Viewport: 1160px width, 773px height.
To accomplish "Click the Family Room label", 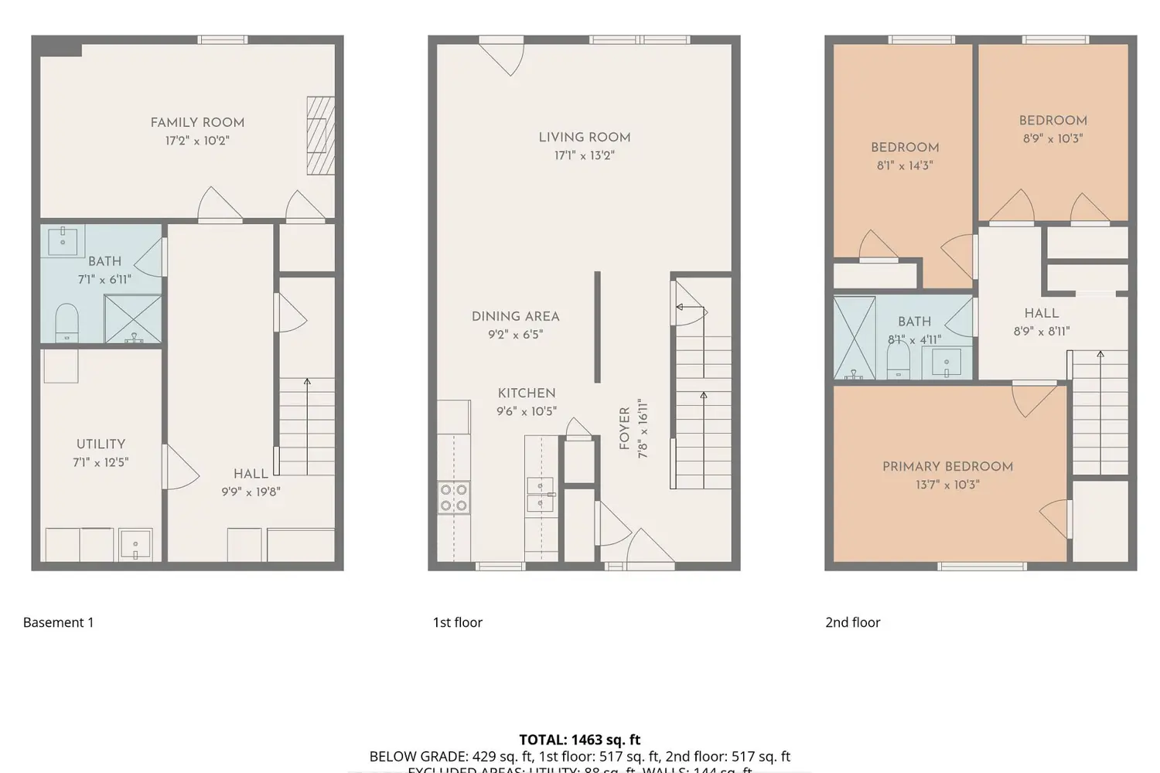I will pyautogui.click(x=197, y=122).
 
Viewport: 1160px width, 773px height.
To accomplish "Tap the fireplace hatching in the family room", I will pyautogui.click(x=321, y=135).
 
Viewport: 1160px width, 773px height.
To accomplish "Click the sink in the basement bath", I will pyautogui.click(x=63, y=241).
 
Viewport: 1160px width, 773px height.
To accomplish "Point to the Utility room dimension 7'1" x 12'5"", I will pyautogui.click(x=101, y=462).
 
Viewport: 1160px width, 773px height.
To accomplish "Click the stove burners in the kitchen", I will pyautogui.click(x=454, y=497).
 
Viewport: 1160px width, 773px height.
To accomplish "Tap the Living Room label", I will pyautogui.click(x=585, y=137).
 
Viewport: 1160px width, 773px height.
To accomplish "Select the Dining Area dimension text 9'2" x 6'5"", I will pyautogui.click(x=515, y=335).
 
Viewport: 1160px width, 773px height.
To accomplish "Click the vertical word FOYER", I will pyautogui.click(x=624, y=428).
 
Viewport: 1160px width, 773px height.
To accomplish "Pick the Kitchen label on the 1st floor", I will pyautogui.click(x=527, y=393).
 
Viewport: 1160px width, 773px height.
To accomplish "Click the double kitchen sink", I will pyautogui.click(x=540, y=495).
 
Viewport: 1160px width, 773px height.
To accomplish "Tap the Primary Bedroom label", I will pyautogui.click(x=947, y=466).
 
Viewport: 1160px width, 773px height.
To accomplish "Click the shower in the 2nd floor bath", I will pyautogui.click(x=855, y=338).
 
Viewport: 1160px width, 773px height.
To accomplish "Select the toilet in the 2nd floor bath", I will pyautogui.click(x=898, y=360).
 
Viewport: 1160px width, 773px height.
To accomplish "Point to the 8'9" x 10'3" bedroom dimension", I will pyautogui.click(x=1053, y=139).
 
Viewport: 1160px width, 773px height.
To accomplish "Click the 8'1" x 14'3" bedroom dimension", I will pyautogui.click(x=905, y=165).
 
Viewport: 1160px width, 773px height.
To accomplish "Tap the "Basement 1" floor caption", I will pyautogui.click(x=59, y=622).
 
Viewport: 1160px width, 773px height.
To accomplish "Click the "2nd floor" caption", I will pyautogui.click(x=852, y=622).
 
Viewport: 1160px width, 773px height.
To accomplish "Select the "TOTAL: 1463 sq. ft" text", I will pyautogui.click(x=580, y=740).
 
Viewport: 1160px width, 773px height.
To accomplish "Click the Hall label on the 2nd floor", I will pyautogui.click(x=1042, y=313).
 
